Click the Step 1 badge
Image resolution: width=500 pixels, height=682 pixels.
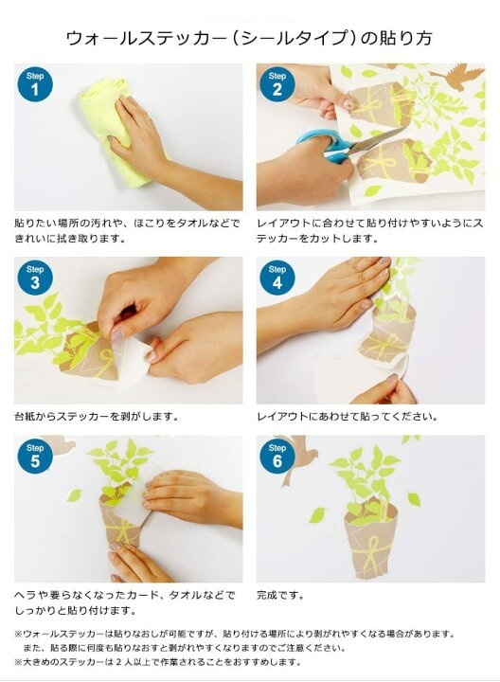35,84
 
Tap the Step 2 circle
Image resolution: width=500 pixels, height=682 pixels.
277,84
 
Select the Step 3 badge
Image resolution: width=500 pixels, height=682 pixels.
35,278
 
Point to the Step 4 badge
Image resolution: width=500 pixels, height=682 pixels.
277,278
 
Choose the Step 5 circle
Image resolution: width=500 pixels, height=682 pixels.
35,457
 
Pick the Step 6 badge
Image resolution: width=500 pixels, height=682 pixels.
277,457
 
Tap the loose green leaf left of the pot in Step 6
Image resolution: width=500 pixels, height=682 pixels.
317,515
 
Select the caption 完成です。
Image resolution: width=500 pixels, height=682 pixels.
280,595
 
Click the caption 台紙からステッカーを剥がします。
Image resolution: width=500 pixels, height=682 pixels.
97,416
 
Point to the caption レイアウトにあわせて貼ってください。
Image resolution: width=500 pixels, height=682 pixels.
347,416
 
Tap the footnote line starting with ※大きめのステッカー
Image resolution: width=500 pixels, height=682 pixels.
158,662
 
